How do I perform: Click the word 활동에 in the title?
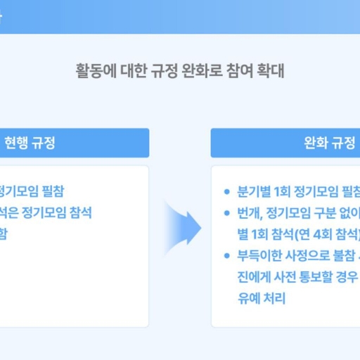click(93, 71)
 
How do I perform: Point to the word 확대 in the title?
click(271, 71)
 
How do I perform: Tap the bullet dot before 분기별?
click(226, 192)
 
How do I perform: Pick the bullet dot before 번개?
click(226, 213)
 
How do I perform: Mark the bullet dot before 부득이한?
click(226, 255)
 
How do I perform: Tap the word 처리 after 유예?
click(275, 297)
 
